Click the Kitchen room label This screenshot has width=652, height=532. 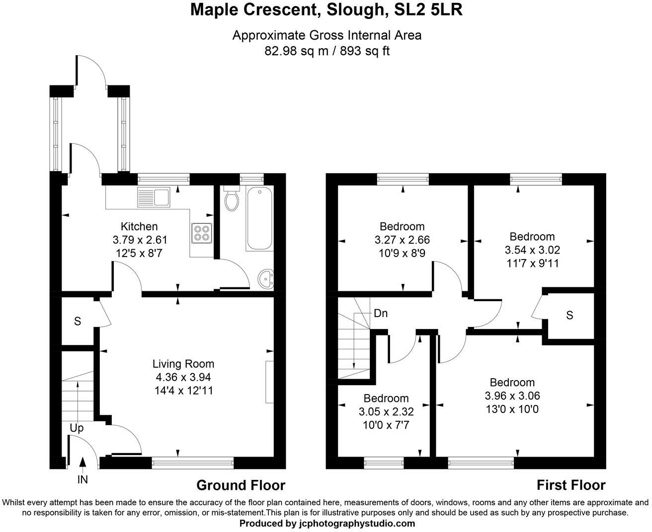[139, 226]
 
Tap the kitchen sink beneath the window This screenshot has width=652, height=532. [154, 197]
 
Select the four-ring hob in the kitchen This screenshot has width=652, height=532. [202, 233]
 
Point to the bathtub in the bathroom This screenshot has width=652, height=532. [259, 218]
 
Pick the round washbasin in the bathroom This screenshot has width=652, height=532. [265, 278]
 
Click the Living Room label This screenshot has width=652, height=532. [183, 364]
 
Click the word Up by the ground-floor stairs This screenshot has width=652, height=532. [77, 428]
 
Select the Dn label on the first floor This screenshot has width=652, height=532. [381, 314]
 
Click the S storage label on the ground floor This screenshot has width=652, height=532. [78, 321]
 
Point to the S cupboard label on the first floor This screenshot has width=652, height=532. [570, 315]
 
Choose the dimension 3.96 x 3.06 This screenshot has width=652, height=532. [512, 396]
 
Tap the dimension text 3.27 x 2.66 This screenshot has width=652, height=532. [402, 240]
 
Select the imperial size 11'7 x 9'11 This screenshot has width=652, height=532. [532, 264]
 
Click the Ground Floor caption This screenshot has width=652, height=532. [241, 485]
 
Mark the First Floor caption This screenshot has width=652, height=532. [571, 485]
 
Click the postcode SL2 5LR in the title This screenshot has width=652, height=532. [428, 10]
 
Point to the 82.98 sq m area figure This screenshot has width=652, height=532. [296, 51]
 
